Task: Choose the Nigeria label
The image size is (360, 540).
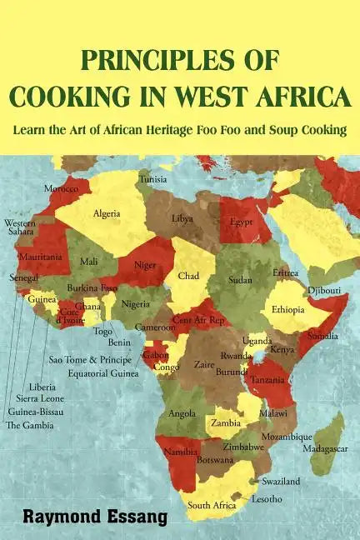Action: tap(134, 304)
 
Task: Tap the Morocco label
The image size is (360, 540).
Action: tap(61, 188)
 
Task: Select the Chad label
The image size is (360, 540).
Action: tap(187, 276)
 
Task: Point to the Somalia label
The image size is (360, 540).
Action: tap(322, 336)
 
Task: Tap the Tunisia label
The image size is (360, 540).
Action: tap(152, 179)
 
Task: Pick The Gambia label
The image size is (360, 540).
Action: tap(30, 425)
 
